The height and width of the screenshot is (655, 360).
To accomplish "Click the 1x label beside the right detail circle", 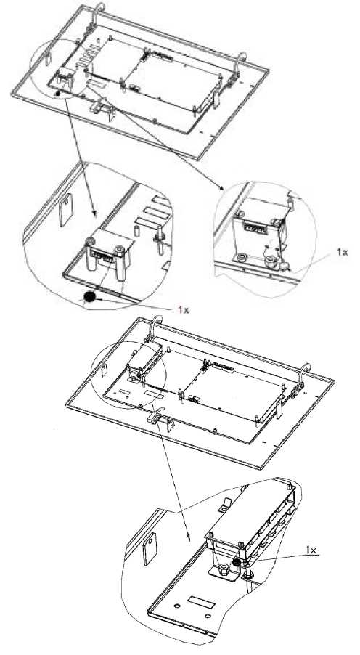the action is (342, 252).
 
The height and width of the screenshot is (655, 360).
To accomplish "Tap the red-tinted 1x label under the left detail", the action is (184, 309).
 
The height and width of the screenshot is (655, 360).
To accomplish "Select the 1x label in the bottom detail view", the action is (311, 550).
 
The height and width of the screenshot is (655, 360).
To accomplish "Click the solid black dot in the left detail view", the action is (89, 296).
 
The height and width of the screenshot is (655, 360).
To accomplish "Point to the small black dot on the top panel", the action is (58, 94).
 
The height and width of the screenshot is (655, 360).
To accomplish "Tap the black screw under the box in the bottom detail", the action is (237, 563).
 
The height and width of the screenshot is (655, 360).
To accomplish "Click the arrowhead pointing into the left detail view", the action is (94, 213).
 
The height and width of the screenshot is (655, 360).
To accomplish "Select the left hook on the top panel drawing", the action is (97, 15).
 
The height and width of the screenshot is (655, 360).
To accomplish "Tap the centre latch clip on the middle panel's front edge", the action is (161, 420).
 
